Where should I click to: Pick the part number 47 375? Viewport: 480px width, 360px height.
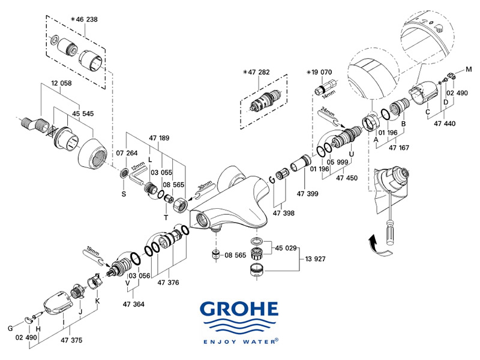click(x=69, y=340)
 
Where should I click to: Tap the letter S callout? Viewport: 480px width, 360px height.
click(x=124, y=193)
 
